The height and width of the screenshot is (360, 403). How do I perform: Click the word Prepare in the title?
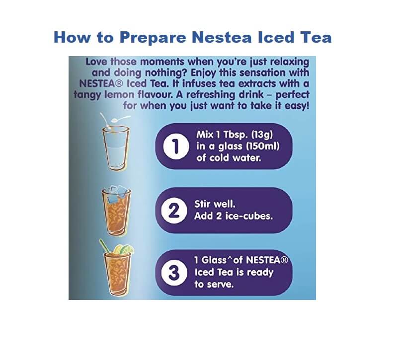[x=153, y=38]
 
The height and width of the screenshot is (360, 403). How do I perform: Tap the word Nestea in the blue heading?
[x=222, y=37]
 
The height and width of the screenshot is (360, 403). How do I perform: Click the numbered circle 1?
[x=175, y=146]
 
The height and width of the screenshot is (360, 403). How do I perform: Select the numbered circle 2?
[x=174, y=211]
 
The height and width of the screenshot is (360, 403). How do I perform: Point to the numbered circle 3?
[x=174, y=273]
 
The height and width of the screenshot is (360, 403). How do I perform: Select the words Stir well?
[x=215, y=204]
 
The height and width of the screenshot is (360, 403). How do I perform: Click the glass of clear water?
[x=115, y=148]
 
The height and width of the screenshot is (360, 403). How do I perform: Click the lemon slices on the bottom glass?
[x=124, y=249]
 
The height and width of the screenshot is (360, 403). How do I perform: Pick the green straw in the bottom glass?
[x=104, y=246]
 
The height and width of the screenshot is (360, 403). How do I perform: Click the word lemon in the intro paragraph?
[x=119, y=95]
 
